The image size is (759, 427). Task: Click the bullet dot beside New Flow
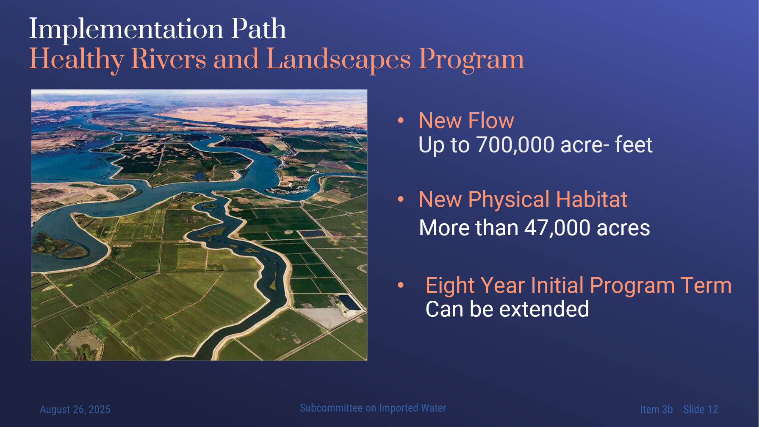coord(401,121)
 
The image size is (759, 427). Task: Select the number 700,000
coord(515,145)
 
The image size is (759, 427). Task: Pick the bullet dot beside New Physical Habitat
coord(401,199)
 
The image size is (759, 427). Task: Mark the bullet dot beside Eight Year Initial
coord(401,285)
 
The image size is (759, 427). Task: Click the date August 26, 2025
coord(75,410)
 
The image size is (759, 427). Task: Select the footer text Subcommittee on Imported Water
coord(373,408)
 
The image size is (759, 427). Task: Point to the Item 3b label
coord(656,410)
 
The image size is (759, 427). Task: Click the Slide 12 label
coord(701,410)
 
